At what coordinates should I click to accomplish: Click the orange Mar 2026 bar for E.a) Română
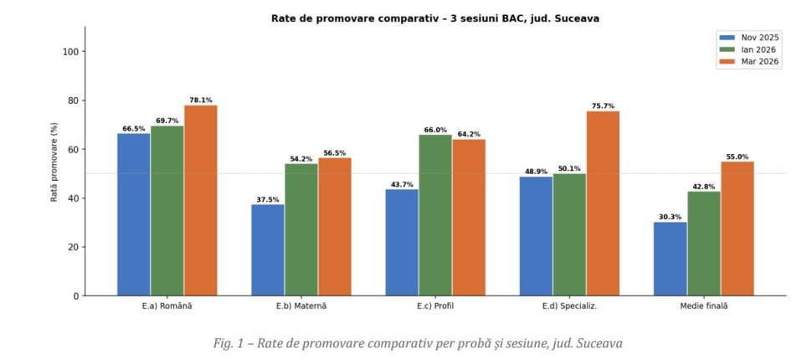click(201, 200)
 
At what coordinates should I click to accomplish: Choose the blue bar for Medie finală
click(670, 259)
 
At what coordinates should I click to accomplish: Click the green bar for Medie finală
click(703, 243)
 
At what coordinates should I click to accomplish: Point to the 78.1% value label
click(201, 100)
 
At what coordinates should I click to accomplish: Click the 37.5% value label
click(268, 199)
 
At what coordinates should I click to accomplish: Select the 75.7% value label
click(603, 106)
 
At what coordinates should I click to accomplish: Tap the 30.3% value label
click(670, 217)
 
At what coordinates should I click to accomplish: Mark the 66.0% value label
click(435, 130)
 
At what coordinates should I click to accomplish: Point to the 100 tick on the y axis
click(70, 52)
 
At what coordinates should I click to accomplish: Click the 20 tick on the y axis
click(73, 247)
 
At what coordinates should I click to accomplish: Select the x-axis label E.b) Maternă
click(301, 306)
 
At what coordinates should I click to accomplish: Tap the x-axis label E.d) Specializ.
click(569, 306)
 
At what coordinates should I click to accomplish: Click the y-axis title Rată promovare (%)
click(54, 162)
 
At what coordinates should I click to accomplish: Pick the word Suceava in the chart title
click(576, 18)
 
